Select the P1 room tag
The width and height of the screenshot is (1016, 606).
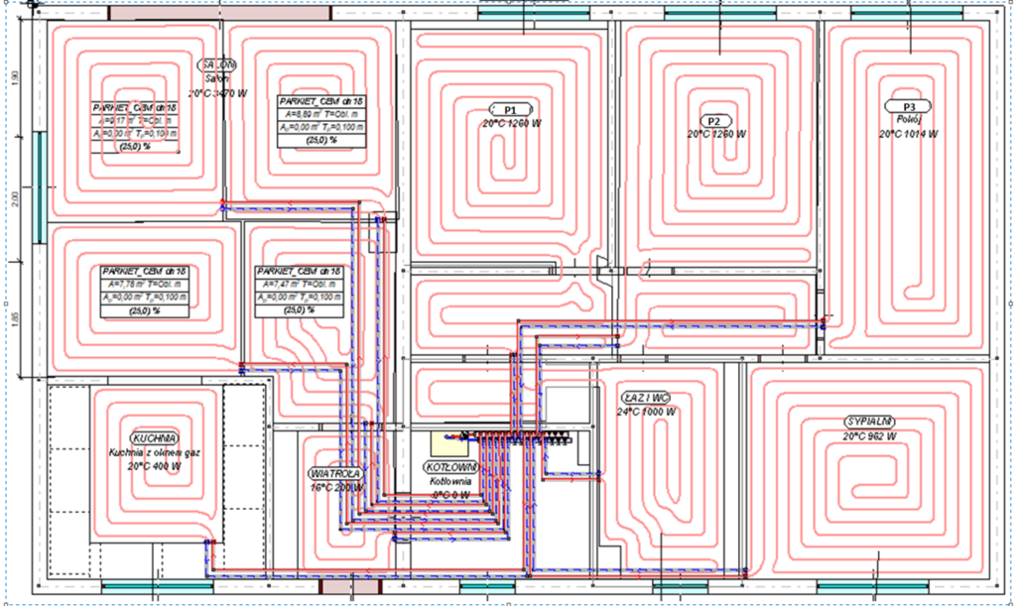pos(511,108)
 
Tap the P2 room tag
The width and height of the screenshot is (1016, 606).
pos(714,120)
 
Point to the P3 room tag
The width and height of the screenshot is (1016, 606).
pos(909,107)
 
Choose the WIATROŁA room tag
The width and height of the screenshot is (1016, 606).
pos(335,473)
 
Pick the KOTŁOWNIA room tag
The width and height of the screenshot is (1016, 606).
pos(451,467)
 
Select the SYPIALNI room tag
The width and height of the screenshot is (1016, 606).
pos(869,422)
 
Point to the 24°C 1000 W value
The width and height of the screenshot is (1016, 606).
pos(646,411)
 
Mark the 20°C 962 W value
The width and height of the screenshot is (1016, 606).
pos(869,435)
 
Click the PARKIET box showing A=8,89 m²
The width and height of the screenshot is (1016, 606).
pos(320,122)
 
